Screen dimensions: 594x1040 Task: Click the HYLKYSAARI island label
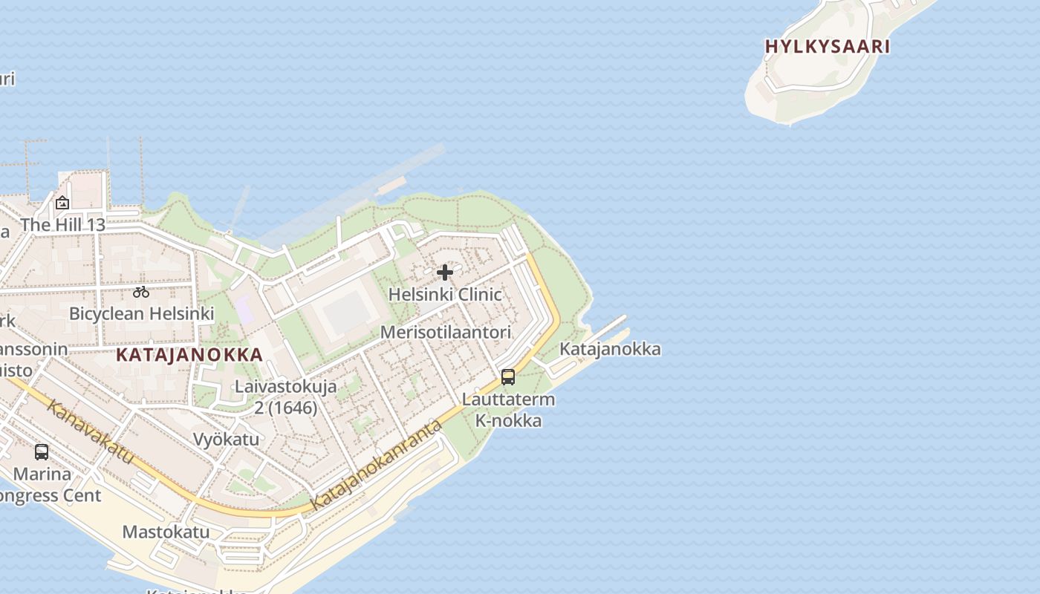point(827,46)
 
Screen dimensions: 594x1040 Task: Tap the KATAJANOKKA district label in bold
point(189,354)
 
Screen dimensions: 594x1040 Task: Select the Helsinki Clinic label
point(445,294)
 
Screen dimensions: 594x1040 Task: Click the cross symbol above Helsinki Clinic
point(445,272)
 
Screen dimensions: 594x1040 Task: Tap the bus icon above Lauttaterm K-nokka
point(508,376)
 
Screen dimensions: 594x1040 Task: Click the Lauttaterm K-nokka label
point(508,410)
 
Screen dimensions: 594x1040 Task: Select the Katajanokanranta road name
point(377,466)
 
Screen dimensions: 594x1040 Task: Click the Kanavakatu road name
point(90,431)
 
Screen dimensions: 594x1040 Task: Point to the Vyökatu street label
point(226,439)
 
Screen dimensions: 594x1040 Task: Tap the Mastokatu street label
point(166,532)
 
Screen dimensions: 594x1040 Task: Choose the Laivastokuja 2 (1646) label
point(286,396)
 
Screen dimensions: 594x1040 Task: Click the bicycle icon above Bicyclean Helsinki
point(141,292)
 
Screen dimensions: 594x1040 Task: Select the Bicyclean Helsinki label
point(141,313)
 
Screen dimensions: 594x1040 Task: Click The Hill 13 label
point(62,224)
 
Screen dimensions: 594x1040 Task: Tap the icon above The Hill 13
point(62,202)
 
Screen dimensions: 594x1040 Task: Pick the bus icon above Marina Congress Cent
point(42,451)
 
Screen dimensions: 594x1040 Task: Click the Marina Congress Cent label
point(45,484)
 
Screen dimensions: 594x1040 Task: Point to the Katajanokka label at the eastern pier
point(609,349)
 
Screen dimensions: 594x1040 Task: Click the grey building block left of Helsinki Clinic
point(345,312)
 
